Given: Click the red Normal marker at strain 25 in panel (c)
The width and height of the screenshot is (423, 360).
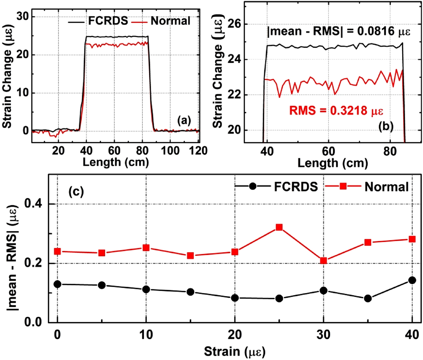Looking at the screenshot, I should [x=279, y=227].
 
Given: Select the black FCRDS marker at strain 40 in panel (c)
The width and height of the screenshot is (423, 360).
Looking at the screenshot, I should [x=412, y=280].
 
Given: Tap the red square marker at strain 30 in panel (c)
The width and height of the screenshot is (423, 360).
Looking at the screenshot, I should [x=323, y=261].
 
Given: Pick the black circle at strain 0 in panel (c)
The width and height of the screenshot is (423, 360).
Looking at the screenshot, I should [x=57, y=284].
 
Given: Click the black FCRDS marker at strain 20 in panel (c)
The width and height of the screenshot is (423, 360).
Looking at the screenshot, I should [x=235, y=298].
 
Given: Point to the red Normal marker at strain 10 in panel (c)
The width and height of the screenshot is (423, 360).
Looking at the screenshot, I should [x=146, y=248].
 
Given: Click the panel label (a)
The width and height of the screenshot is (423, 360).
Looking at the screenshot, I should [x=184, y=121].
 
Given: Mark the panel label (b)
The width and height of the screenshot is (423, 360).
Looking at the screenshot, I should [x=386, y=126].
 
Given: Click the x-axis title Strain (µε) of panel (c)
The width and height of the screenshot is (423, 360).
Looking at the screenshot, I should [x=235, y=352].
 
